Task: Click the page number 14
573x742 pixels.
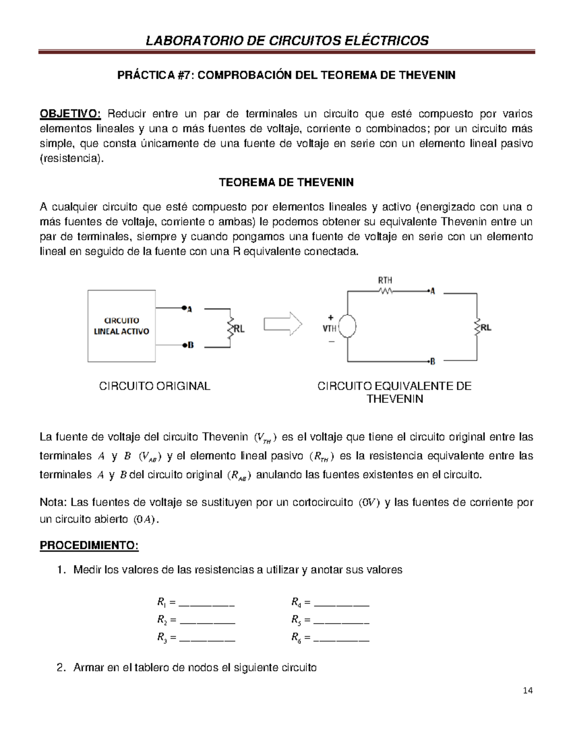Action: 528,690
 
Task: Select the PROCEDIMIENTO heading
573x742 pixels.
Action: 89,545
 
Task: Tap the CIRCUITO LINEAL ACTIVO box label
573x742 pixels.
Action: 122,326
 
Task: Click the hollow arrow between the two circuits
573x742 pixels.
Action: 283,324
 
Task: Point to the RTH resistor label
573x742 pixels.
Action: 385,280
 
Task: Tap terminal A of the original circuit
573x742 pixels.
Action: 184,308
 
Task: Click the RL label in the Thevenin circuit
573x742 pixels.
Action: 486,328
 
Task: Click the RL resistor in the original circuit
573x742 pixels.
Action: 231,328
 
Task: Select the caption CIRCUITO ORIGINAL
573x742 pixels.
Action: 154,386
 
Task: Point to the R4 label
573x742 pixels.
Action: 296,602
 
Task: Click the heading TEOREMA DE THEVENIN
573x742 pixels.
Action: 286,183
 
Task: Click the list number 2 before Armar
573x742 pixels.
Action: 60,667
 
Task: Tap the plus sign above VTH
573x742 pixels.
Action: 330,317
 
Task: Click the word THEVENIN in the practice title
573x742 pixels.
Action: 427,75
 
